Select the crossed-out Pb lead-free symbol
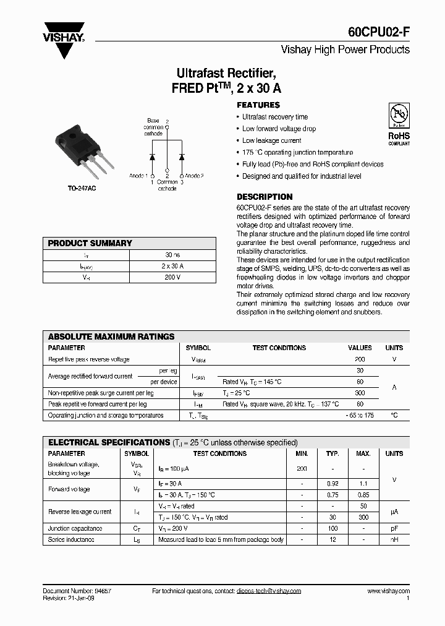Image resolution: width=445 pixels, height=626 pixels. point(399,116)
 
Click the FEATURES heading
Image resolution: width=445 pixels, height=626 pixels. point(258,105)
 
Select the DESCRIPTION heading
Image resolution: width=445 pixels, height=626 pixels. point(265,197)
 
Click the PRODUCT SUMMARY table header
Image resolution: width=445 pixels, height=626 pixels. point(90,243)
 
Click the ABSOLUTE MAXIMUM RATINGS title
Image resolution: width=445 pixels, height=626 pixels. point(111,337)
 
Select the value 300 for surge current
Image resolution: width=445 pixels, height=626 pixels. point(360,393)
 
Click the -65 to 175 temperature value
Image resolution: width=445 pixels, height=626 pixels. point(360,415)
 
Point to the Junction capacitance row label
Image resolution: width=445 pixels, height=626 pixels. point(75,528)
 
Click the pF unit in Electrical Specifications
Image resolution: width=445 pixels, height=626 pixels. point(394,528)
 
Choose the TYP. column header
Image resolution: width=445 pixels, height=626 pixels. point(333,453)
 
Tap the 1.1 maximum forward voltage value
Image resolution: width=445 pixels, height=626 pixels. point(363,483)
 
